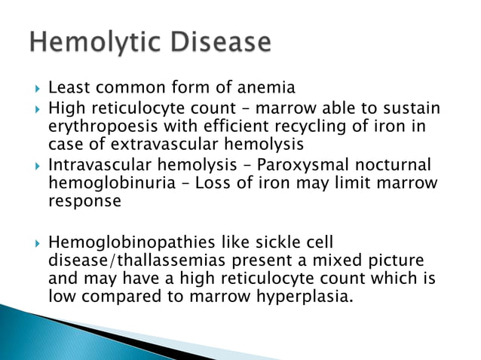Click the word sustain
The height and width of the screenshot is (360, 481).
click(x=413, y=109)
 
